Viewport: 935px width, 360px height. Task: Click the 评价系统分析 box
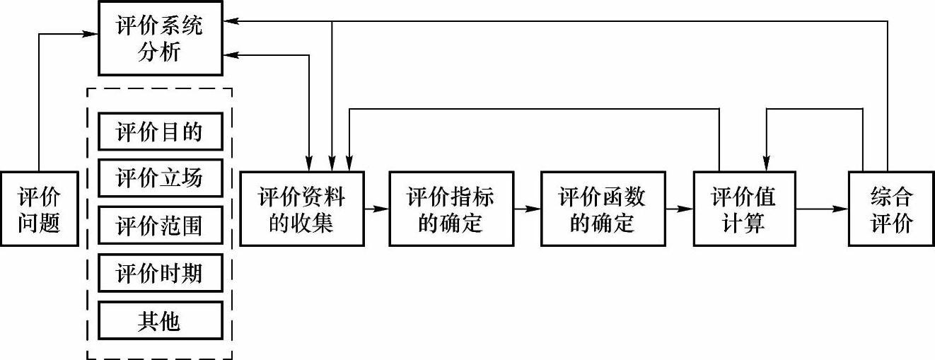[159, 38]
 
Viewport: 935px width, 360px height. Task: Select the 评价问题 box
[39, 208]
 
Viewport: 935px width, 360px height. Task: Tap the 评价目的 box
[159, 132]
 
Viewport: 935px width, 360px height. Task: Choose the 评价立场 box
[159, 178]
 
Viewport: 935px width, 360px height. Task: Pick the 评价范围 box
[159, 226]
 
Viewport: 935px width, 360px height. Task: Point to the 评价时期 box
[159, 273]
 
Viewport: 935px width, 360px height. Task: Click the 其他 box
[159, 320]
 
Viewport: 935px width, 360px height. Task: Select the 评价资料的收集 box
[302, 208]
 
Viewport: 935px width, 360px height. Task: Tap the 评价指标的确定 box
[451, 208]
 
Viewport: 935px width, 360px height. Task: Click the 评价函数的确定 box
[602, 208]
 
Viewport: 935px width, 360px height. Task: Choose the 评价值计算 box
[744, 208]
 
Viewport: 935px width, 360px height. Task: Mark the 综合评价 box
[890, 208]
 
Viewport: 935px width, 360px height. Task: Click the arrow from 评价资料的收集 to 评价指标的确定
[376, 209]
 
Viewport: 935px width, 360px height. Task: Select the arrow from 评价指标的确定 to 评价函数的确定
[526, 209]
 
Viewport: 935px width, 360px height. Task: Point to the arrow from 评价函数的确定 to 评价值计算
[678, 209]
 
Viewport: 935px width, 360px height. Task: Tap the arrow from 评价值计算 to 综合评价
[822, 209]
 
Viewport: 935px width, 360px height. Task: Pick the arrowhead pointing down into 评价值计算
[766, 164]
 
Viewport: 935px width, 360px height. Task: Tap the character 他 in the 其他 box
[170, 320]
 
